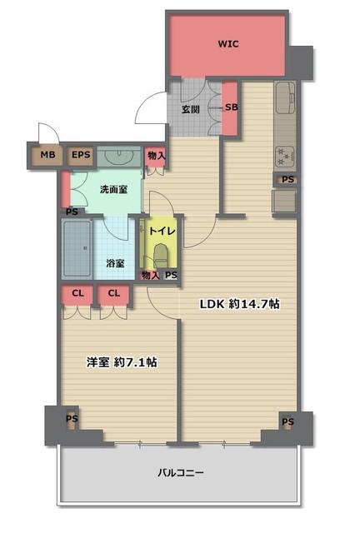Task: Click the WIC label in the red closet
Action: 228,44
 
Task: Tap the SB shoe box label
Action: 232,107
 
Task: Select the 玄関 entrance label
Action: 191,109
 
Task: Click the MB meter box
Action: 47,155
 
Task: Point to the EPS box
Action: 81,155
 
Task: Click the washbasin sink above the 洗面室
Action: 119,157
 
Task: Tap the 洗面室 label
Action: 113,189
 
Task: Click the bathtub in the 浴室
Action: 77,248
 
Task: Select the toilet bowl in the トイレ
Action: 160,255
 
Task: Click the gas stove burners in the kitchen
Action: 284,157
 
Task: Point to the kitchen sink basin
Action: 286,97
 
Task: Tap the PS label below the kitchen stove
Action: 287,179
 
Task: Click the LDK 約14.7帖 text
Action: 239,304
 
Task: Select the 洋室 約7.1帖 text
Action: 122,362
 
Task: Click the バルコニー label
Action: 181,472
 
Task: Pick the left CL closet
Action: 77,295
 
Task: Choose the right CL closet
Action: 113,295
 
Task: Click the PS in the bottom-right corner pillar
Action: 287,422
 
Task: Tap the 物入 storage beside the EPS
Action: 156,157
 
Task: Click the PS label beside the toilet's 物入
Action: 172,275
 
